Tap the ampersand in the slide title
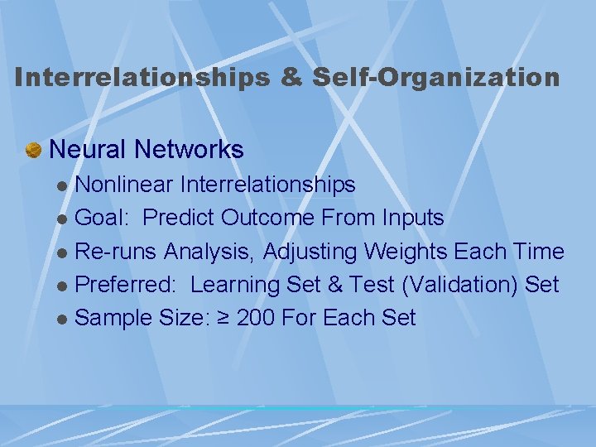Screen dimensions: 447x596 [x=291, y=78]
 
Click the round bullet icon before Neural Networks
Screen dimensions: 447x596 [x=34, y=150]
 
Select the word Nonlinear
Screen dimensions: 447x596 [x=123, y=185]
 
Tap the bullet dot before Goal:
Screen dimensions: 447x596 [x=64, y=219]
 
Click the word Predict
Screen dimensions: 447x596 [x=180, y=218]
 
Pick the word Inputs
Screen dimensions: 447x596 [x=412, y=218]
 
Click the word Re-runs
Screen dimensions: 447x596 [x=117, y=251]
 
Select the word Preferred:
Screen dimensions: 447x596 [x=126, y=285]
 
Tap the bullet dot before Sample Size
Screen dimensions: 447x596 [x=64, y=320]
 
